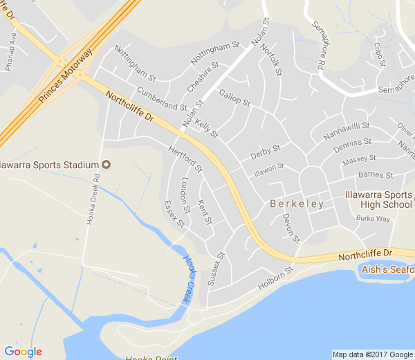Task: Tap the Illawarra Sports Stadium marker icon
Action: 106,164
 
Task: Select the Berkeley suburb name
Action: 297,204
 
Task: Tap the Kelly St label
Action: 206,128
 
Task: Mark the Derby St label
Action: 265,150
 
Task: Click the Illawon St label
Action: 268,168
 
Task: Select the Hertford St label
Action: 185,159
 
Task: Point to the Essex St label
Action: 174,214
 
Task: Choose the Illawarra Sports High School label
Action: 378,199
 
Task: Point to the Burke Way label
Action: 373,219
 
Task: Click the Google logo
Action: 23,352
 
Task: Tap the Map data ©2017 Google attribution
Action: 371,354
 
